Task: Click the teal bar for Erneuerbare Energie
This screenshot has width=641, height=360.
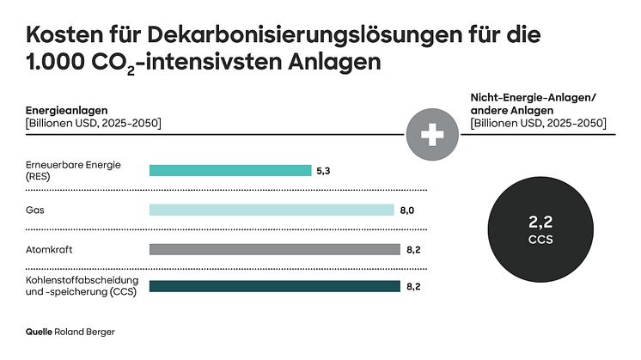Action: tap(230, 170)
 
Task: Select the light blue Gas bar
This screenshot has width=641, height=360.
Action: tap(272, 210)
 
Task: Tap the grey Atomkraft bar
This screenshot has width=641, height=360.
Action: tap(274, 249)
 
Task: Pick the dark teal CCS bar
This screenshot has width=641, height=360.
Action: tap(274, 286)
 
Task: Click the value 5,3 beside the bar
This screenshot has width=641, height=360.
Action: tap(324, 171)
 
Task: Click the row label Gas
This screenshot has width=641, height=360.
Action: tap(34, 210)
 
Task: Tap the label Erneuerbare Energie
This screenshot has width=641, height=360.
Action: tap(72, 165)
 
